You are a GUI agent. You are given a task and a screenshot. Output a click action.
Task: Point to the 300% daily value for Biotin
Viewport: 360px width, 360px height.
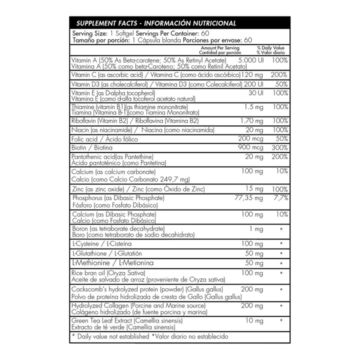(280, 148)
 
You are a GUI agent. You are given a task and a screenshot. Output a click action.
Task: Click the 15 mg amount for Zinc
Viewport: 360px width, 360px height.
(253, 188)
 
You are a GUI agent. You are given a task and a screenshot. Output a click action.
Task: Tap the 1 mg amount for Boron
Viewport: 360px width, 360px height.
(253, 228)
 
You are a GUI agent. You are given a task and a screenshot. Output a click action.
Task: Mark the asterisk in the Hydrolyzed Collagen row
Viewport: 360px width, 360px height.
(281, 305)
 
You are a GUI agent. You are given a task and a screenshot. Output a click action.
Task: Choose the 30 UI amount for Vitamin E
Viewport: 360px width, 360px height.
(252, 93)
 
